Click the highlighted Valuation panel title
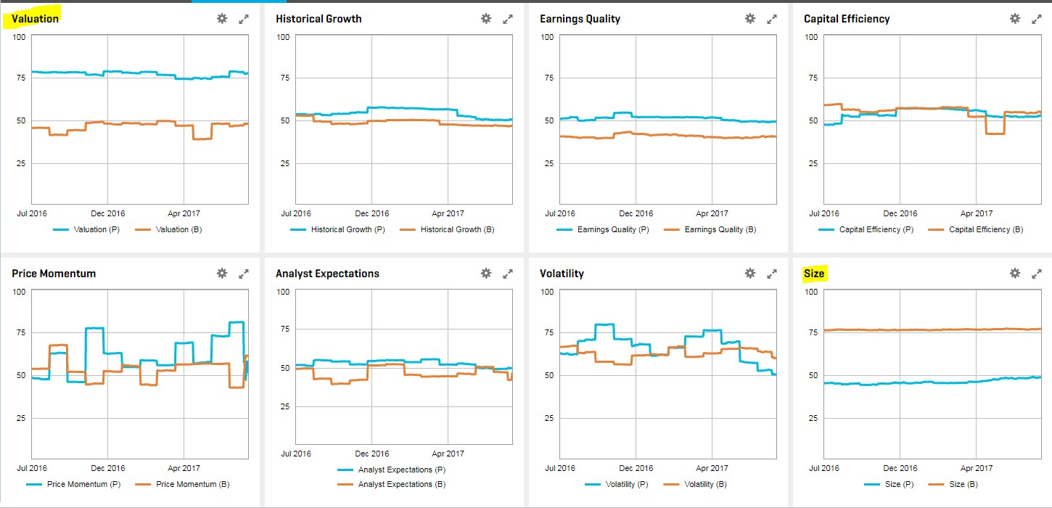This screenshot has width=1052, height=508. pyautogui.click(x=35, y=19)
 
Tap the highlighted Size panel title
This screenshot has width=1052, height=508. pyautogui.click(x=814, y=274)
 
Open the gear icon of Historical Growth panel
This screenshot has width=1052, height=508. pyautogui.click(x=486, y=19)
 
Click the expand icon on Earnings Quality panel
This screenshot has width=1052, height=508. pyautogui.click(x=772, y=19)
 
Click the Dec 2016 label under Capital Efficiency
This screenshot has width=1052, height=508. pyautogui.click(x=900, y=213)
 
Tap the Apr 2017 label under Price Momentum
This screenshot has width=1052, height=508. pyautogui.click(x=184, y=468)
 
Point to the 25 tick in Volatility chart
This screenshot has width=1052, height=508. pyautogui.click(x=548, y=418)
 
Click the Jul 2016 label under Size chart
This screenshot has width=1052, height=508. pyautogui.click(x=825, y=468)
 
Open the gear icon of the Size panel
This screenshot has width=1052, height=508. pyautogui.click(x=1014, y=274)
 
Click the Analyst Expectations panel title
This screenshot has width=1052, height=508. pyautogui.click(x=327, y=274)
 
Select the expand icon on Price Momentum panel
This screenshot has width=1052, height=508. pyautogui.click(x=244, y=274)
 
